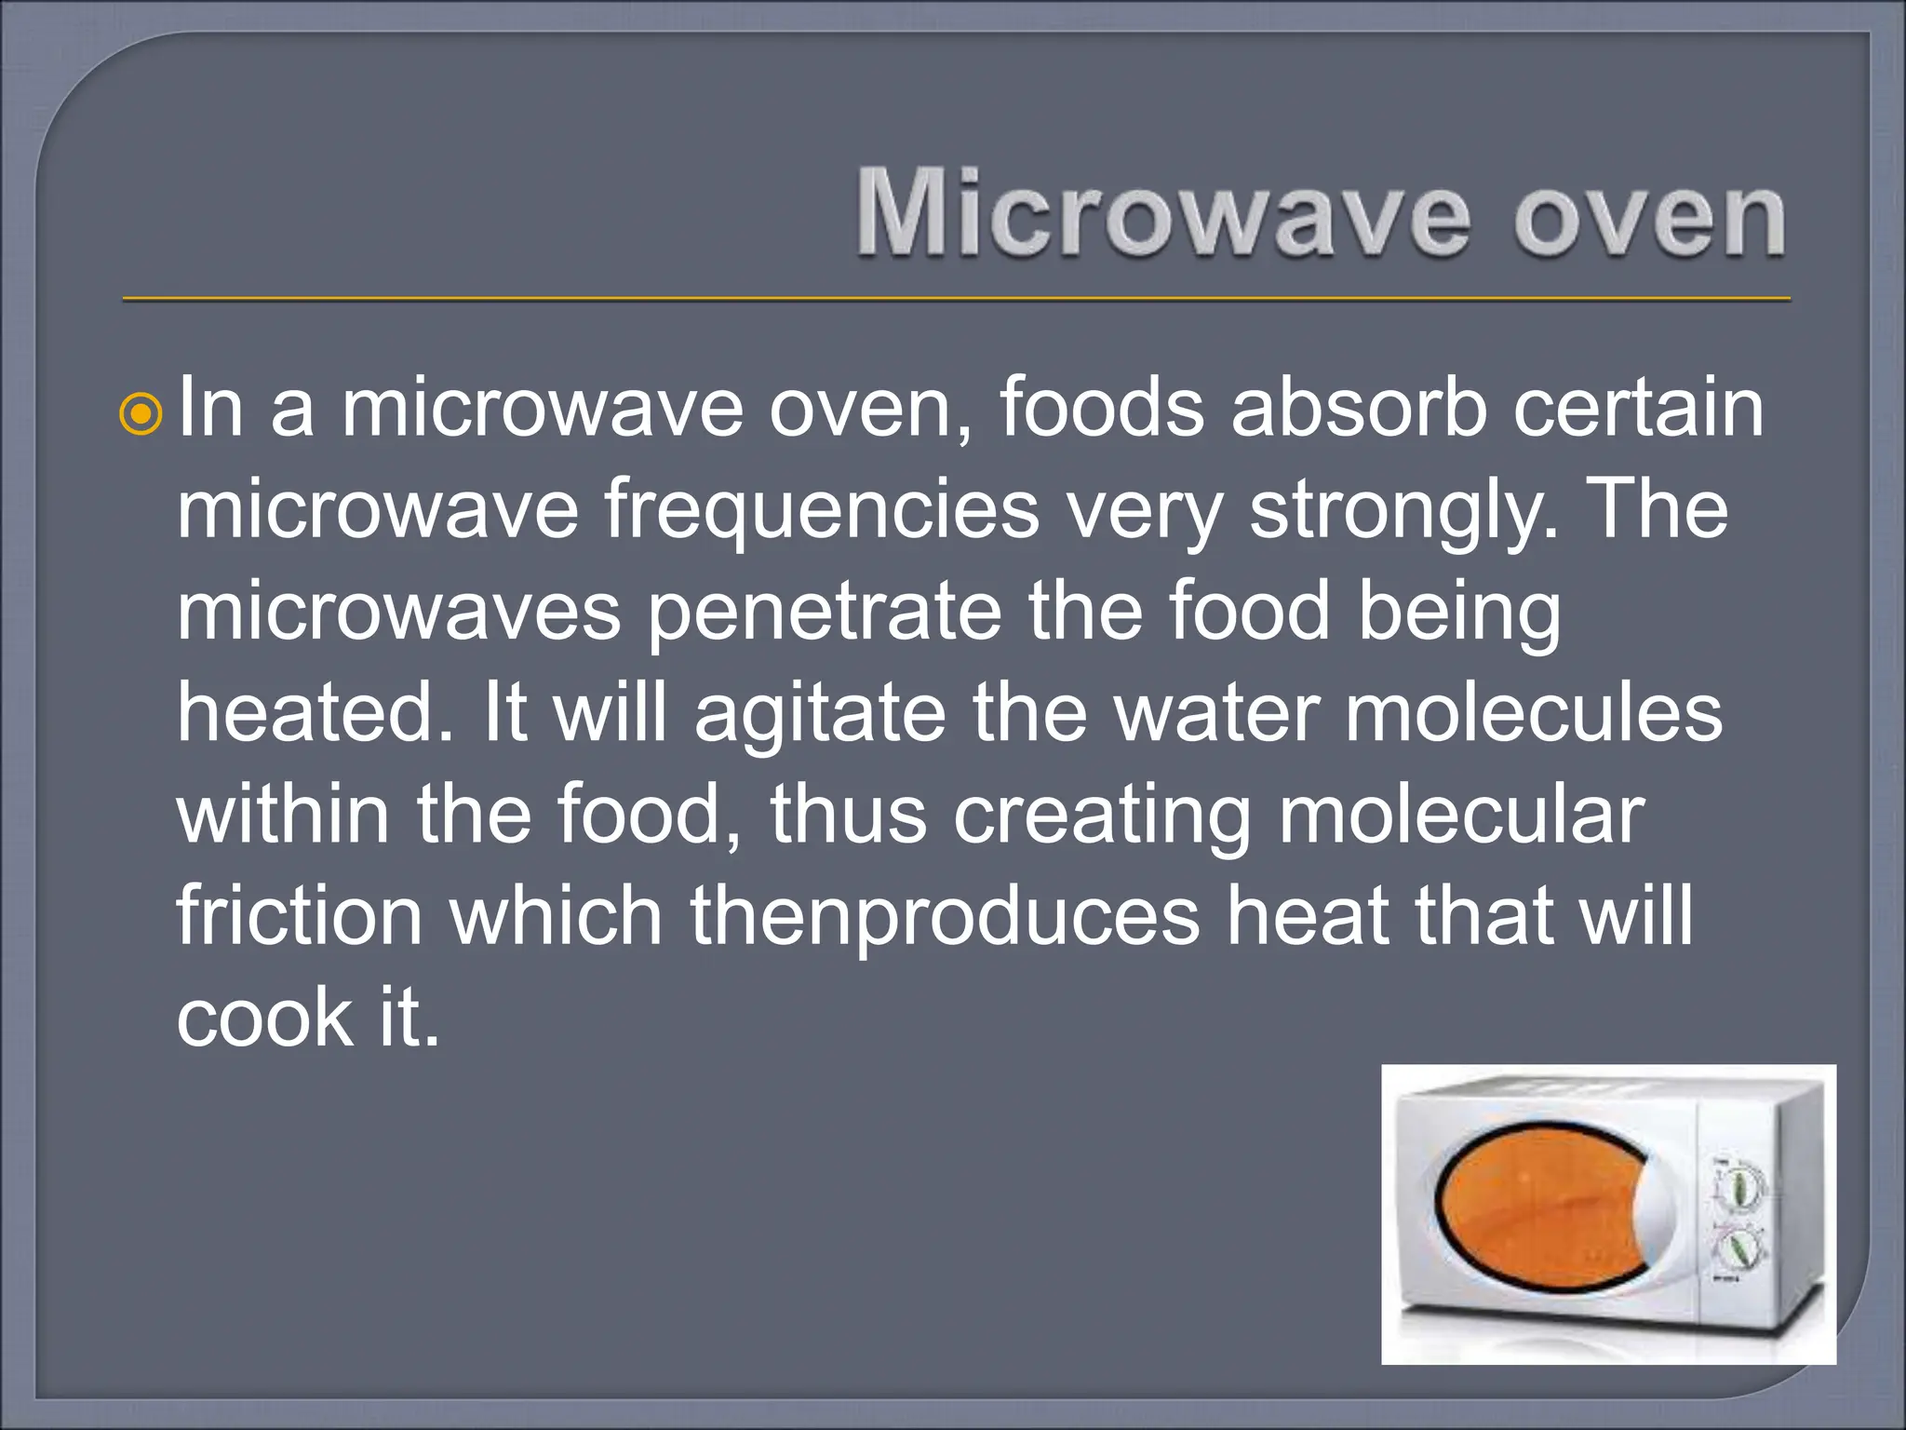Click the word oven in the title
(1648, 216)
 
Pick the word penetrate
(825, 612)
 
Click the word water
(1216, 713)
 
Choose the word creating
(1102, 816)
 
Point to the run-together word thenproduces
(945, 919)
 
